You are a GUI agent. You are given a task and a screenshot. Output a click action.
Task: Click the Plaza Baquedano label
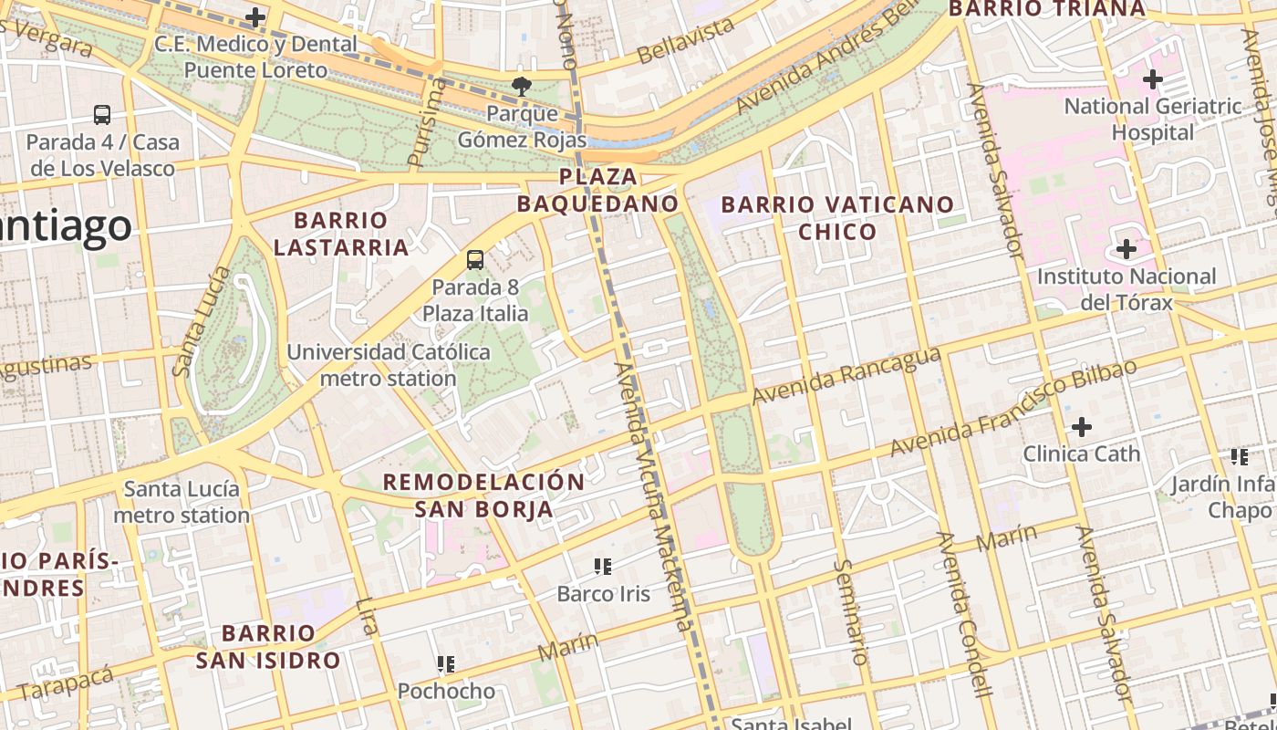(597, 190)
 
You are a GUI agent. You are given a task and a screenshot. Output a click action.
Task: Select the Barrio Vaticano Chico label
(837, 217)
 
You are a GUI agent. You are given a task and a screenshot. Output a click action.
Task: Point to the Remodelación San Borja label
(483, 495)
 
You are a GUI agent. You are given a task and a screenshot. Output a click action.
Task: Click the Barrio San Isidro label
(268, 646)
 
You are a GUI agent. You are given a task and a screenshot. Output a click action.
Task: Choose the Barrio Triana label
(1046, 9)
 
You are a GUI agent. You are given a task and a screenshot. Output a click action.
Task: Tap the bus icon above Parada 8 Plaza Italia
(474, 260)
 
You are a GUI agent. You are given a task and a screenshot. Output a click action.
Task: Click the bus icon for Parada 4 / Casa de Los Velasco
(102, 115)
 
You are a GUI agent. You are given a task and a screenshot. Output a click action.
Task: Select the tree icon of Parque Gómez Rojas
(521, 87)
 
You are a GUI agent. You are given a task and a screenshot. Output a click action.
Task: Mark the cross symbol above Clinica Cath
(1081, 426)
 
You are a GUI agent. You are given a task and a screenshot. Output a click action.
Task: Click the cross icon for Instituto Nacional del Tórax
(1126, 248)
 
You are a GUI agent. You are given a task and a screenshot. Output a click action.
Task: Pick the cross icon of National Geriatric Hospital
(1153, 79)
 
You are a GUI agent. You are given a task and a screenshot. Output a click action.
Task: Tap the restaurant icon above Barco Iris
(602, 567)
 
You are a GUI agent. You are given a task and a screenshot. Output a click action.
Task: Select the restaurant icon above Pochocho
(446, 663)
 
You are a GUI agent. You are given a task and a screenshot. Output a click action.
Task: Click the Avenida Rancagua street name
(846, 375)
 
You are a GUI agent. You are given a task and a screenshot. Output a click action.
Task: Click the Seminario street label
(850, 611)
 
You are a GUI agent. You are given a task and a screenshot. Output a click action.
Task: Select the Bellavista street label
(686, 40)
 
